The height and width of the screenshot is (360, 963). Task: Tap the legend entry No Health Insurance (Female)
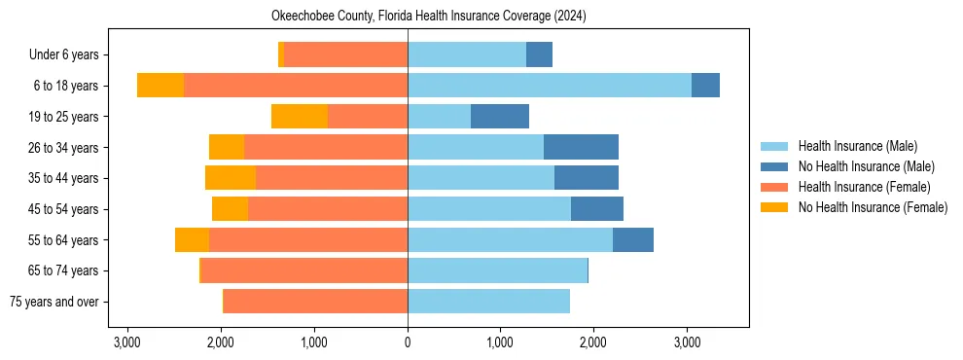point(873,207)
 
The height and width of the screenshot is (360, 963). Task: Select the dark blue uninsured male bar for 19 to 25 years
point(500,117)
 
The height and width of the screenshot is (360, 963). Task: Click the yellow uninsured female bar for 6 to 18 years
point(160,86)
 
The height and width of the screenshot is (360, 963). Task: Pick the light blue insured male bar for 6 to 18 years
point(550,86)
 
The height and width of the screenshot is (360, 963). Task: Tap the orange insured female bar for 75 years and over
point(315,302)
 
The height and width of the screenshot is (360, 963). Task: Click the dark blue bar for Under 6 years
point(539,55)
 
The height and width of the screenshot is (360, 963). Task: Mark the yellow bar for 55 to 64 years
point(192,239)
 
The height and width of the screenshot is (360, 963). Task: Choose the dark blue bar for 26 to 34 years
point(581,147)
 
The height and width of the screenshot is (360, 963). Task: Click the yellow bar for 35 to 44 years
point(231,178)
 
